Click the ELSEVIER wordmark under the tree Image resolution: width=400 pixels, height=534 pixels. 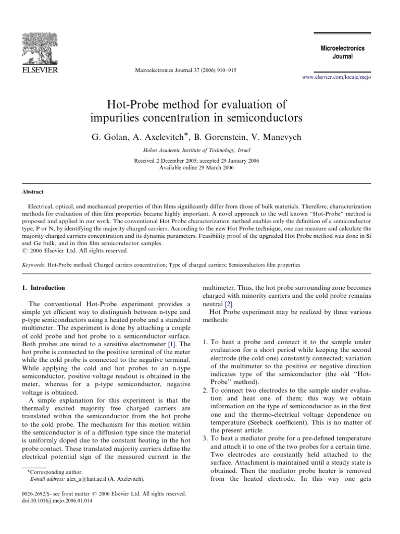(39, 69)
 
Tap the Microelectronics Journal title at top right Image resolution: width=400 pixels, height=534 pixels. (342, 52)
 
